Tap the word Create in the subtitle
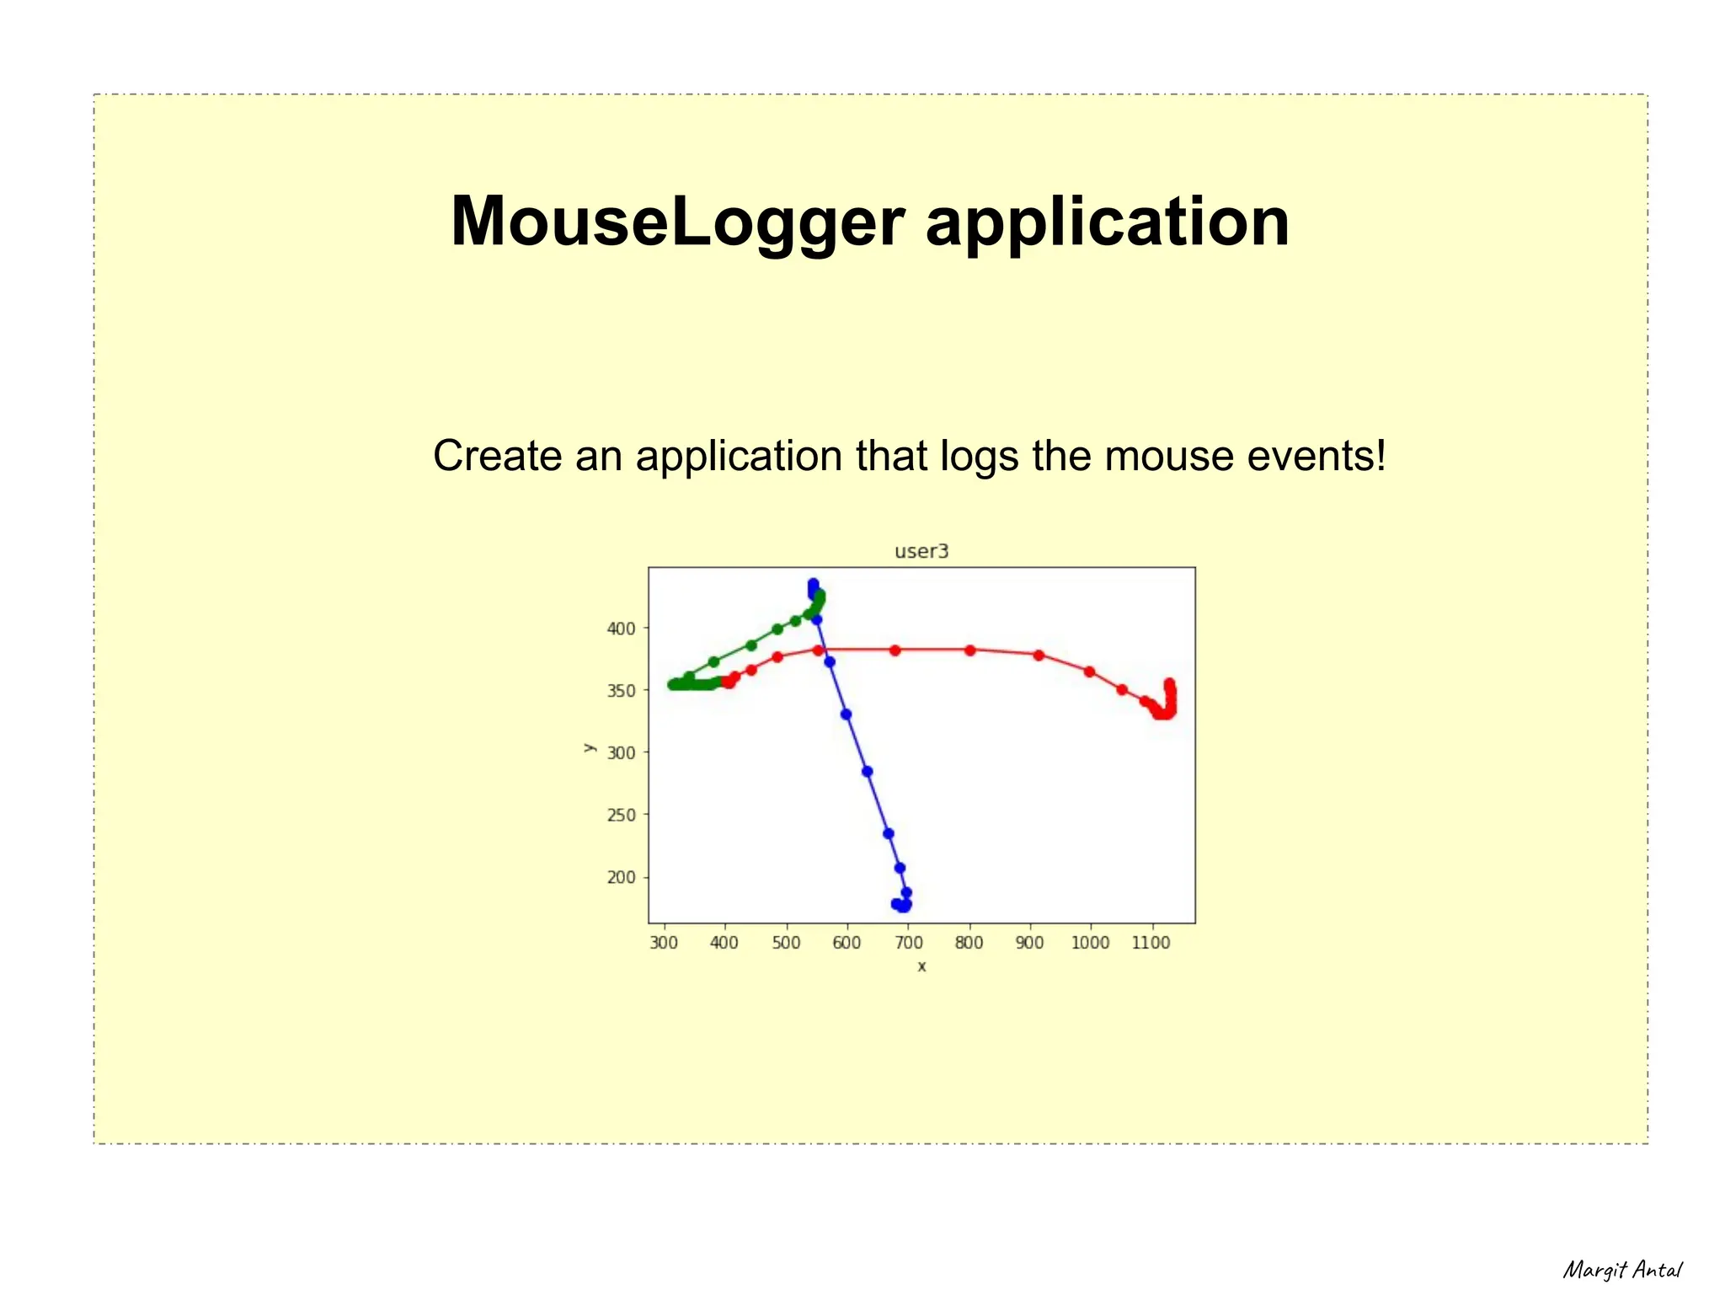pyautogui.click(x=496, y=456)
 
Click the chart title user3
pyautogui.click(x=921, y=552)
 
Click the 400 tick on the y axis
pyautogui.click(x=622, y=628)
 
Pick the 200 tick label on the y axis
pyautogui.click(x=622, y=877)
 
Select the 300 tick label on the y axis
pyautogui.click(x=622, y=752)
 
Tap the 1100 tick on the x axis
pyautogui.click(x=1151, y=943)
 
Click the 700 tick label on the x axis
pyautogui.click(x=908, y=943)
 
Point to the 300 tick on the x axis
pyautogui.click(x=664, y=943)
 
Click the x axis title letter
pyautogui.click(x=921, y=966)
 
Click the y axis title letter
pyautogui.click(x=590, y=746)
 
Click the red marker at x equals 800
pyautogui.click(x=969, y=650)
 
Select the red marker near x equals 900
pyautogui.click(x=1039, y=656)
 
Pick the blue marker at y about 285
pyautogui.click(x=868, y=772)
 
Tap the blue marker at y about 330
pyautogui.click(x=846, y=714)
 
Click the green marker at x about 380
pyautogui.click(x=713, y=661)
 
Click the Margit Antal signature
pyautogui.click(x=1622, y=1270)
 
